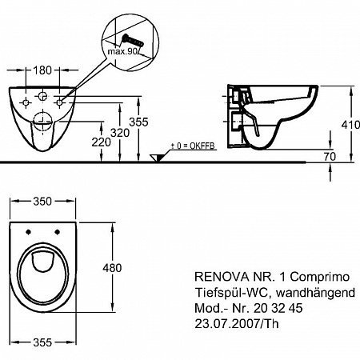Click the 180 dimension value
[x=42, y=70]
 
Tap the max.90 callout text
[x=122, y=51]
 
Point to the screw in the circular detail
[x=132, y=41]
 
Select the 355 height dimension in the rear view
[x=138, y=122]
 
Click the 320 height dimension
[x=120, y=133]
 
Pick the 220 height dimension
[x=101, y=142]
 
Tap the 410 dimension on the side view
[x=350, y=125]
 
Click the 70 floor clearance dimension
[x=330, y=157]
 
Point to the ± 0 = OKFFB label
[x=193, y=146]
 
